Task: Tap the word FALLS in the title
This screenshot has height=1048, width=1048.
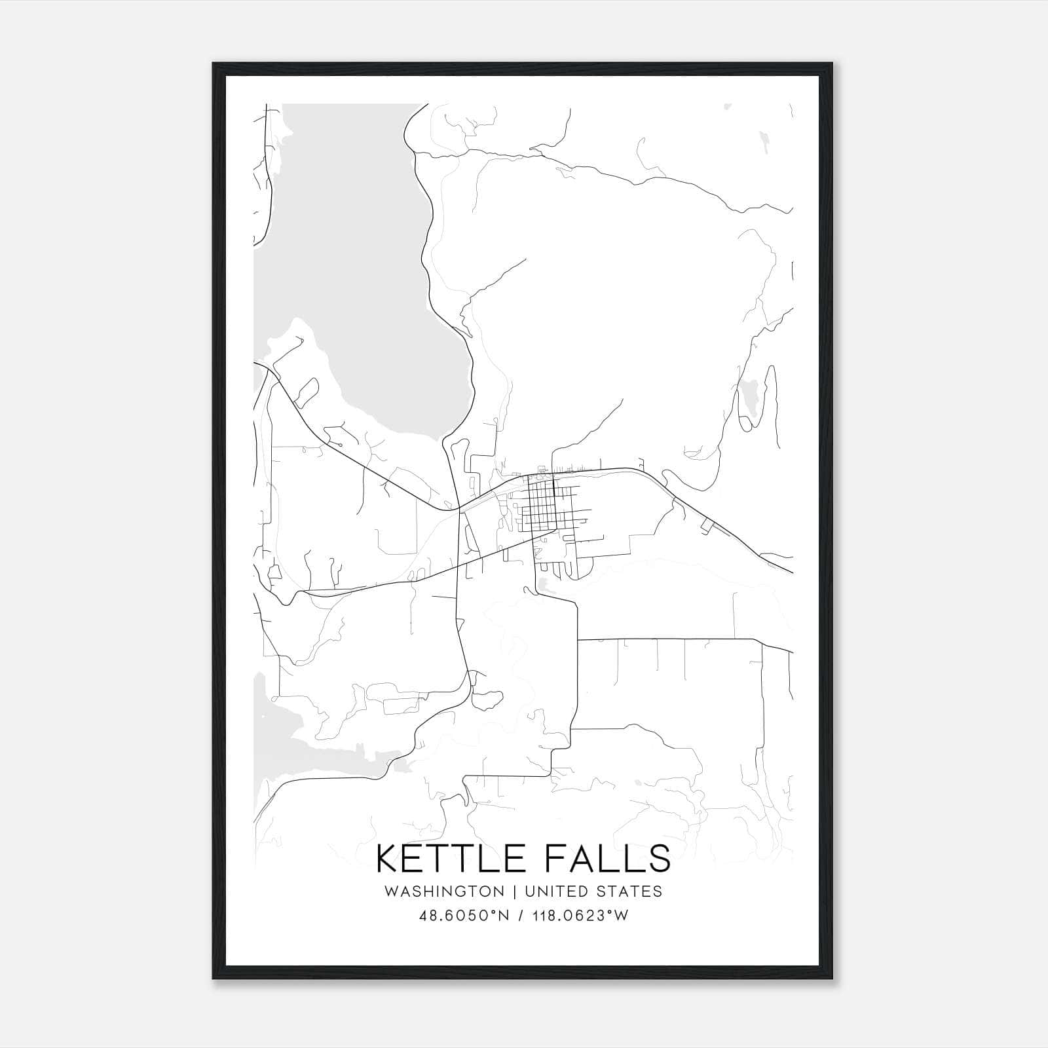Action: click(607, 859)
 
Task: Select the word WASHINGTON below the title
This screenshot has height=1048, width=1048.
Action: click(444, 891)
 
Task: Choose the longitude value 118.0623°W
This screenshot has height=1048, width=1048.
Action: click(582, 916)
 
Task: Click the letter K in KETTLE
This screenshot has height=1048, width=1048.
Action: click(387, 859)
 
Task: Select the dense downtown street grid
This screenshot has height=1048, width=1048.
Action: click(541, 504)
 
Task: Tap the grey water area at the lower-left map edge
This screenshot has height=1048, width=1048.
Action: click(288, 740)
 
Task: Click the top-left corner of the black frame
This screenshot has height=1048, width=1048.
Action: click(214, 64)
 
